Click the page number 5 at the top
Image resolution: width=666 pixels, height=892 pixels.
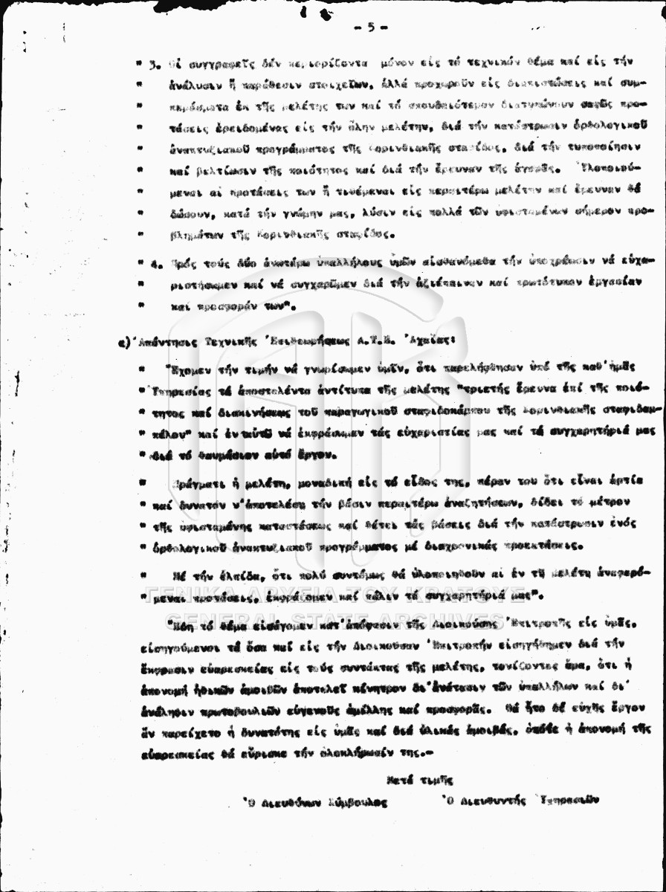[370, 27]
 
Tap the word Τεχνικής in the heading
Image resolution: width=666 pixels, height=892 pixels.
[227, 343]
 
